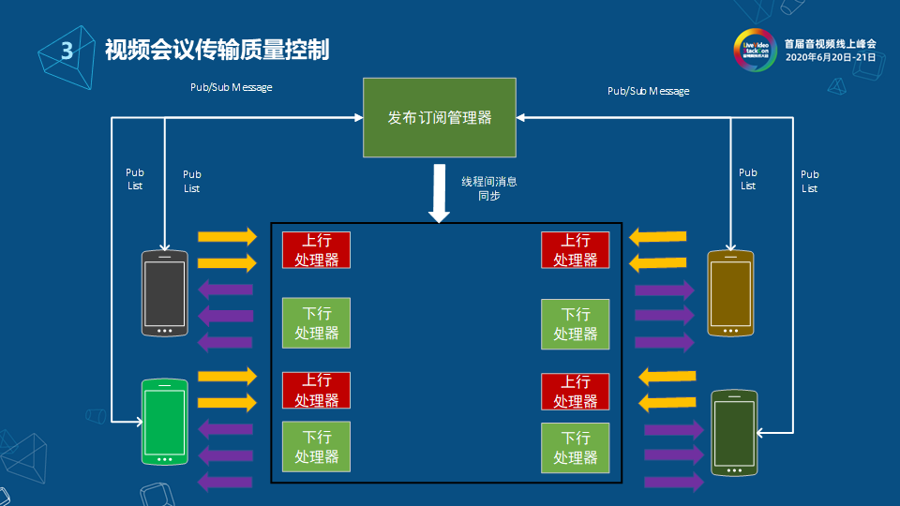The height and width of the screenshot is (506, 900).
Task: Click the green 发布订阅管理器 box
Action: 440,117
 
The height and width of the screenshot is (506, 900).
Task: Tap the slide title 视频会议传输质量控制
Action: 217,50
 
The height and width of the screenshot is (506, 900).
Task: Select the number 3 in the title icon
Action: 67,52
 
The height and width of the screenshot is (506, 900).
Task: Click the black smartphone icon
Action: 165,293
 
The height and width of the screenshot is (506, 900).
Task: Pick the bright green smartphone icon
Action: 165,421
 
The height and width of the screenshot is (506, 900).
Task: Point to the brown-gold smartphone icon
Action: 731,293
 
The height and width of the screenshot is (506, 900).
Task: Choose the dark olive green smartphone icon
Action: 733,432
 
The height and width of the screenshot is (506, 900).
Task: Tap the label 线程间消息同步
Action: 488,188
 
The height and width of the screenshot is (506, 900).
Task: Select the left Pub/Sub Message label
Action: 231,87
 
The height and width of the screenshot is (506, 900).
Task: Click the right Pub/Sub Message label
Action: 648,91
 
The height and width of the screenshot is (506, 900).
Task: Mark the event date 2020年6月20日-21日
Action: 830,57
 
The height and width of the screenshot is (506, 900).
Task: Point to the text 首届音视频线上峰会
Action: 830,43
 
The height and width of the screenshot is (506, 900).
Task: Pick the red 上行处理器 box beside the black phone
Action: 316,250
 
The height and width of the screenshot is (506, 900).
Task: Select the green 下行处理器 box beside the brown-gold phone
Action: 575,323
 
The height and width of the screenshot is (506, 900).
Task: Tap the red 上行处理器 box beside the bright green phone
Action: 316,391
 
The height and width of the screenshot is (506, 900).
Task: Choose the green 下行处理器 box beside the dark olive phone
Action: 575,447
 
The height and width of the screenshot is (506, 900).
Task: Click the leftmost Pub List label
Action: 135,179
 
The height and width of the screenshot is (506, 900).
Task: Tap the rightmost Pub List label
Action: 809,181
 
